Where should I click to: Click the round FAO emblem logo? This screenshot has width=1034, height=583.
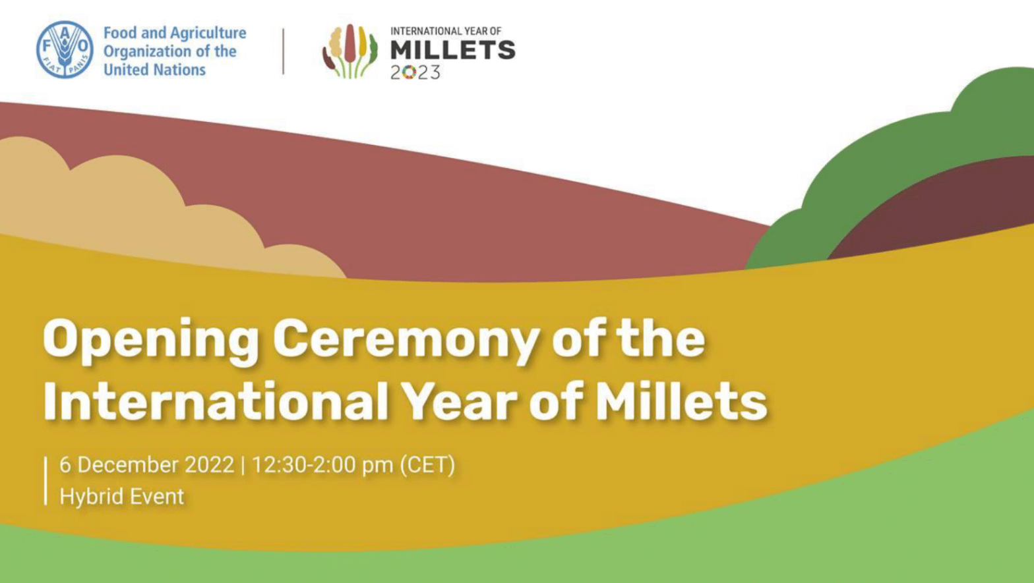(x=65, y=49)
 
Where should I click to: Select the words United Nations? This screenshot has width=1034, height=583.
(x=155, y=69)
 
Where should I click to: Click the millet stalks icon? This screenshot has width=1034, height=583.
(x=350, y=51)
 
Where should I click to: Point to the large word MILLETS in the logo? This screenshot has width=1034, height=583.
(x=452, y=50)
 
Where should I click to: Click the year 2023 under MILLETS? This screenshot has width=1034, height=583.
(x=415, y=72)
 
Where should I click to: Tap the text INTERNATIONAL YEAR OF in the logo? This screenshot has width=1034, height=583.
(x=446, y=31)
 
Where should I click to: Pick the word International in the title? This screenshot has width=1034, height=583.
(x=216, y=401)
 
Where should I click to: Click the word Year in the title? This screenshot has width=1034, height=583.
(x=459, y=401)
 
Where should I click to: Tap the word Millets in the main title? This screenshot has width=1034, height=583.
(x=681, y=401)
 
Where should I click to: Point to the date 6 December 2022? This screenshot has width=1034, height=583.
(x=146, y=465)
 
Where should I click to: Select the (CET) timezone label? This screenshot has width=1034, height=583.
(x=427, y=465)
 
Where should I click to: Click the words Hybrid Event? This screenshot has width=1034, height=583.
(x=122, y=496)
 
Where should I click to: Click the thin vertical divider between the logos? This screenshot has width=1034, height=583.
(x=284, y=51)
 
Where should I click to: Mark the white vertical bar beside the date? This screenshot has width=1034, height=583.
(x=47, y=480)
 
